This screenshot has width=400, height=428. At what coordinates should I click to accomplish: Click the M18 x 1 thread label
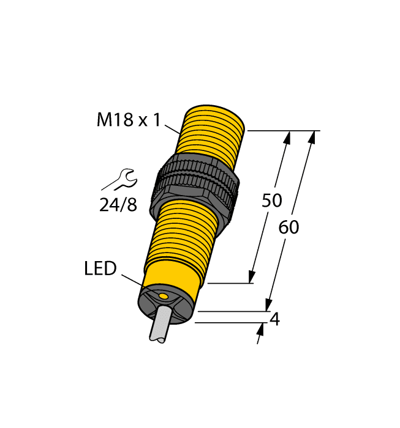[x=128, y=120]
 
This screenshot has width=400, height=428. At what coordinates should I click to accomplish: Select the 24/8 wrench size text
[x=118, y=204]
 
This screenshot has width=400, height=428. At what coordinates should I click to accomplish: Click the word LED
[x=100, y=268]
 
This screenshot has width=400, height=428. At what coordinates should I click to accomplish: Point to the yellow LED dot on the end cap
[x=164, y=297]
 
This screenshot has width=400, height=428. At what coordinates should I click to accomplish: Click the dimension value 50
[x=271, y=201]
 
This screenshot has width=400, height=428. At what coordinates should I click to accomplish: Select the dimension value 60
[x=289, y=227]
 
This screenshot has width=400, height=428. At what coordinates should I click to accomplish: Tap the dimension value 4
[x=275, y=319]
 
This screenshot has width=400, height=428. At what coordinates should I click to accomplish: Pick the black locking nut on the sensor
[x=195, y=180]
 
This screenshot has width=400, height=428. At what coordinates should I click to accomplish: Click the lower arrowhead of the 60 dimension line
[x=268, y=304]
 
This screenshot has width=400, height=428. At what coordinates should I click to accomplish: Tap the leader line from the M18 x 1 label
[x=173, y=127]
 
